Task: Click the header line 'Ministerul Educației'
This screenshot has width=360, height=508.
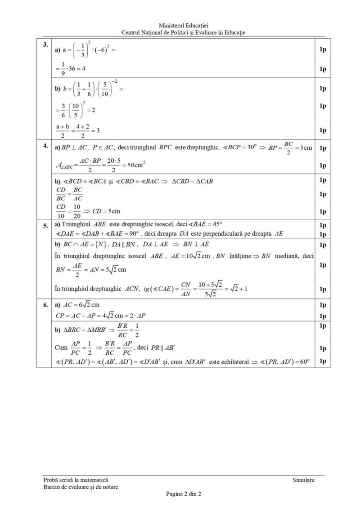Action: point(184,26)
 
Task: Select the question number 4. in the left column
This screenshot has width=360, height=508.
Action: point(45,146)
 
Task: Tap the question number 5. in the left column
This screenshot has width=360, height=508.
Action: point(45,226)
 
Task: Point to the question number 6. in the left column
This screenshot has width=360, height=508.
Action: point(45,305)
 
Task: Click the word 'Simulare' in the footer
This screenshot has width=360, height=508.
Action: point(303,480)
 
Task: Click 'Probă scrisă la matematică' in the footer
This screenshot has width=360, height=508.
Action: point(73,480)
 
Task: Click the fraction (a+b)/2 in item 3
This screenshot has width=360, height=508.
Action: point(61,131)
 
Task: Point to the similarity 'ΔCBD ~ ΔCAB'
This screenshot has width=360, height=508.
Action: point(193,181)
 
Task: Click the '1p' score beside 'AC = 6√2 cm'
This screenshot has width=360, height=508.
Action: point(322,305)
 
